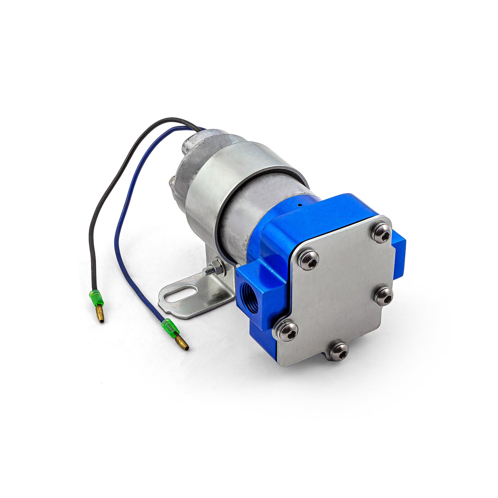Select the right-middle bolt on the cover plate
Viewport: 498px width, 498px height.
tap(384, 296)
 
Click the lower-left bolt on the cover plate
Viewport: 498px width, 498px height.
tap(285, 330)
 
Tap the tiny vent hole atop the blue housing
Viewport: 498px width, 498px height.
tap(300, 205)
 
